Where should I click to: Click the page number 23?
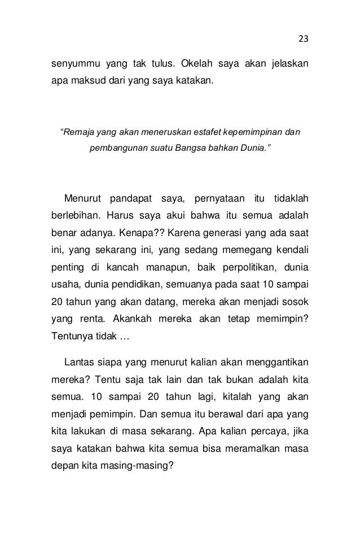pyautogui.click(x=304, y=39)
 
